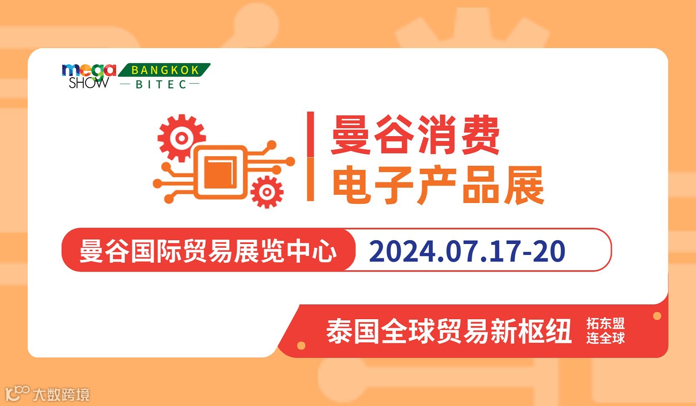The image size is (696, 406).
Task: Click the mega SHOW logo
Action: pyautogui.click(x=89, y=76)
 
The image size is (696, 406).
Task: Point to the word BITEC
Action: pyautogui.click(x=161, y=84)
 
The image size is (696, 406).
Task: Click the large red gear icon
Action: pyautogui.click(x=181, y=138)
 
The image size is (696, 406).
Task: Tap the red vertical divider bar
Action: pyautogui.click(x=310, y=156)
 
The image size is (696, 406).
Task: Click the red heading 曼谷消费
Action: pyautogui.click(x=415, y=135)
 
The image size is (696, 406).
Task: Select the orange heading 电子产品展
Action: pyautogui.click(x=438, y=185)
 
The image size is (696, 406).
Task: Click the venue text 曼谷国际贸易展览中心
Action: pyautogui.click(x=208, y=251)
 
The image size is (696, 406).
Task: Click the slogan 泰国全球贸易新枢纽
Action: pyautogui.click(x=449, y=331)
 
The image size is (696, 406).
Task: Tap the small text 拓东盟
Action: pyautogui.click(x=605, y=324)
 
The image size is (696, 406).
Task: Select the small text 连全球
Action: pyautogui.click(x=605, y=338)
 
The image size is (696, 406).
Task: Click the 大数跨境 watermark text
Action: pyautogui.click(x=61, y=394)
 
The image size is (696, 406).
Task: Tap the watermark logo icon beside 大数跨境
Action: pyautogui.click(x=18, y=393)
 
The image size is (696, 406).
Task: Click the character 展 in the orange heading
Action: pyautogui.click(x=524, y=185)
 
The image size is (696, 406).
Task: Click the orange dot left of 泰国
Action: pyautogui.click(x=301, y=345)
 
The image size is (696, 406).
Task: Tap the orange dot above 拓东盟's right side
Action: pyautogui.click(x=657, y=316)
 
